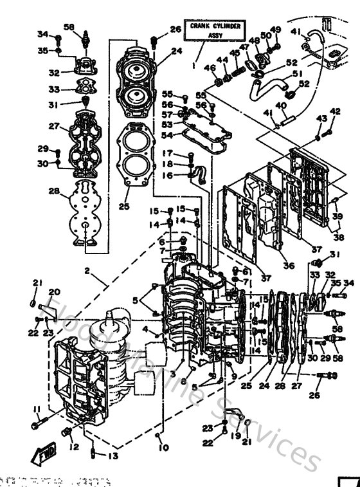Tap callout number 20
tap(53, 291)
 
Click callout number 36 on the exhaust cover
tap(287, 265)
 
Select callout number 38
tap(338, 237)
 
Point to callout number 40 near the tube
tap(280, 106)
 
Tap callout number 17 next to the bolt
tap(166, 153)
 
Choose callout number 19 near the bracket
tap(235, 436)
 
